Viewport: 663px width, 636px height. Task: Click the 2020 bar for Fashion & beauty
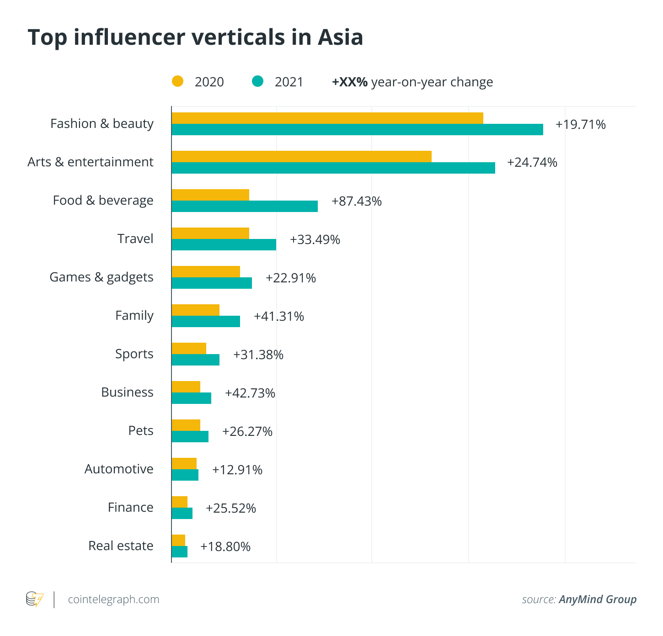[x=327, y=118]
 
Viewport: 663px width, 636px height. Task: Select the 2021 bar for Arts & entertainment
[x=333, y=168]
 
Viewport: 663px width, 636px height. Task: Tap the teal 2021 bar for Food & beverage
[x=245, y=206]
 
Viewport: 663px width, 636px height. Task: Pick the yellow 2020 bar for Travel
[x=210, y=233]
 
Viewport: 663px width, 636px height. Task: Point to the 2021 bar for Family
[x=206, y=321]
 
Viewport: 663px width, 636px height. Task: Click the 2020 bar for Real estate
[x=178, y=540]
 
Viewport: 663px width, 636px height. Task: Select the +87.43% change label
[x=357, y=201]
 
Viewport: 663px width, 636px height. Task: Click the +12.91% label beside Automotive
[x=237, y=470]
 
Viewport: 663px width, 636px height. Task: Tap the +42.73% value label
[x=250, y=393]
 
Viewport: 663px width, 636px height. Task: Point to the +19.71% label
[x=580, y=124]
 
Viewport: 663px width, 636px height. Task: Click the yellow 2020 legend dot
[x=177, y=81]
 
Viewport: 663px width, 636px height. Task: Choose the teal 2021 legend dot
[x=258, y=81]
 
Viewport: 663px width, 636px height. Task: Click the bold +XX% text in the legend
[x=350, y=82]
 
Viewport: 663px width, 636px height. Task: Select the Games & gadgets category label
[x=102, y=277]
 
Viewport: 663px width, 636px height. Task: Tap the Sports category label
[x=134, y=354]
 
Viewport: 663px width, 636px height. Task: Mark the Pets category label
[x=141, y=431]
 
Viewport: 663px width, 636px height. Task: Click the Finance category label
[x=130, y=508]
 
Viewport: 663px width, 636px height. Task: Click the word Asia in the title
[x=340, y=37]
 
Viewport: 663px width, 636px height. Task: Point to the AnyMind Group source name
[x=597, y=599]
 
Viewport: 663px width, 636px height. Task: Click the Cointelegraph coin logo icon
[x=34, y=599]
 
